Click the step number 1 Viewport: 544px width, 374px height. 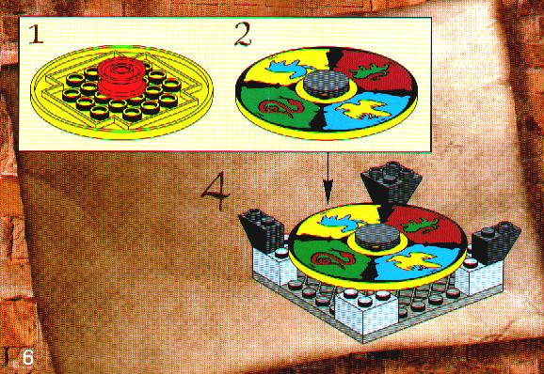click(36, 35)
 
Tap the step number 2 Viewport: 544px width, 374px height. click(243, 34)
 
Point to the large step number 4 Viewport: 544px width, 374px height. click(216, 191)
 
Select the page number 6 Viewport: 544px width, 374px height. click(28, 357)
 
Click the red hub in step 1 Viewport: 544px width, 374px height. click(121, 78)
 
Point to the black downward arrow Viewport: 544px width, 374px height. click(328, 179)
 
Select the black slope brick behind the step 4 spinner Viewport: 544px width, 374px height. click(392, 185)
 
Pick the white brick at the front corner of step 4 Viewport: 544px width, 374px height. click(367, 312)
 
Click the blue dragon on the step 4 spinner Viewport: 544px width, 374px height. click(340, 223)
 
